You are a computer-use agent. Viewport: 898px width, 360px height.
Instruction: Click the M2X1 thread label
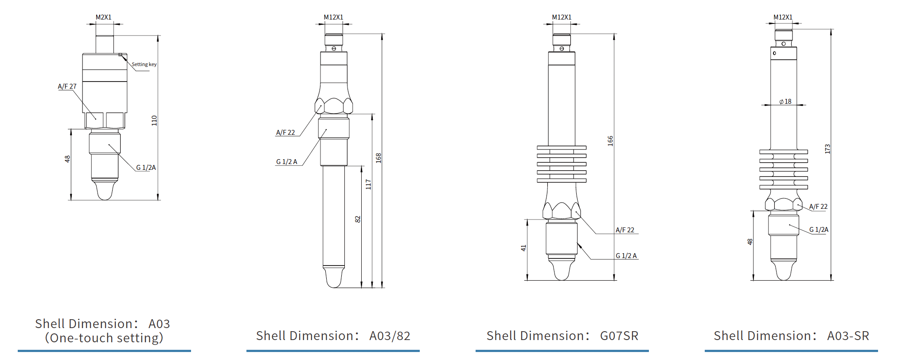[x=103, y=17]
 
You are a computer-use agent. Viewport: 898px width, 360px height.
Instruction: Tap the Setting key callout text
[x=144, y=64]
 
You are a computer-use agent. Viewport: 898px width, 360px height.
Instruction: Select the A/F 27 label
[x=67, y=86]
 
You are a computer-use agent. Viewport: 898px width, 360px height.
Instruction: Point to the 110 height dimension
[x=154, y=120]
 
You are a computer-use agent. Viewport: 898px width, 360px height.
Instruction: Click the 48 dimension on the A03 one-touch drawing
[x=67, y=159]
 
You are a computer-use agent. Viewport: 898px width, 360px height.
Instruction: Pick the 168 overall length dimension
[x=378, y=158]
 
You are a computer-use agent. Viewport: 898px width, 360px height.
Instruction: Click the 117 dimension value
[x=368, y=184]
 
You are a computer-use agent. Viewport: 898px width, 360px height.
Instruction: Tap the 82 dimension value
[x=358, y=219]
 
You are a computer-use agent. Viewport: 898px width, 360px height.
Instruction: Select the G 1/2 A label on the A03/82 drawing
[x=287, y=162]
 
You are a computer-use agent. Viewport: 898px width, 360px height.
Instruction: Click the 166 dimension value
[x=610, y=141]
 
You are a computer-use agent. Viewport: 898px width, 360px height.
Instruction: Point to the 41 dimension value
[x=523, y=248]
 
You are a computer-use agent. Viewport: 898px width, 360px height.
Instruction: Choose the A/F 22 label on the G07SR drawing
[x=625, y=230]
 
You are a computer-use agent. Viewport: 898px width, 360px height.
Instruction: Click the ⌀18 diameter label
[x=785, y=102]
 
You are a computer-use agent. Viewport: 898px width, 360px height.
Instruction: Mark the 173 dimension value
[x=827, y=149]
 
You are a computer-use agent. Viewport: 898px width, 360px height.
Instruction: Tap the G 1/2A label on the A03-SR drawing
[x=819, y=230]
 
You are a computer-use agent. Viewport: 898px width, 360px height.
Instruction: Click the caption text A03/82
[x=390, y=336]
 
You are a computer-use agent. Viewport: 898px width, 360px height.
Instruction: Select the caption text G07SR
[x=619, y=336]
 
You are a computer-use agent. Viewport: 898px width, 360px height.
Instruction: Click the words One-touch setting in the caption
[x=104, y=338]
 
